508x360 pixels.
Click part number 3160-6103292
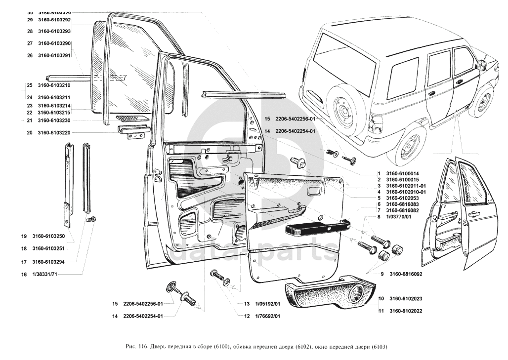coord(54,20)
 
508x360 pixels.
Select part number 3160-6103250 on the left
coord(54,236)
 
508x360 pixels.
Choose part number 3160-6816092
coord(406,274)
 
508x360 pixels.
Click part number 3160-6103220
coord(54,132)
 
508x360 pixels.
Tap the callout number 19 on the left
coord(23,236)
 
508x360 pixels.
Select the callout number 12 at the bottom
coord(246,316)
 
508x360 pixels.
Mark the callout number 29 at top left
coord(30,20)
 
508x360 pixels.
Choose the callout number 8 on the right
coord(379,216)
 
